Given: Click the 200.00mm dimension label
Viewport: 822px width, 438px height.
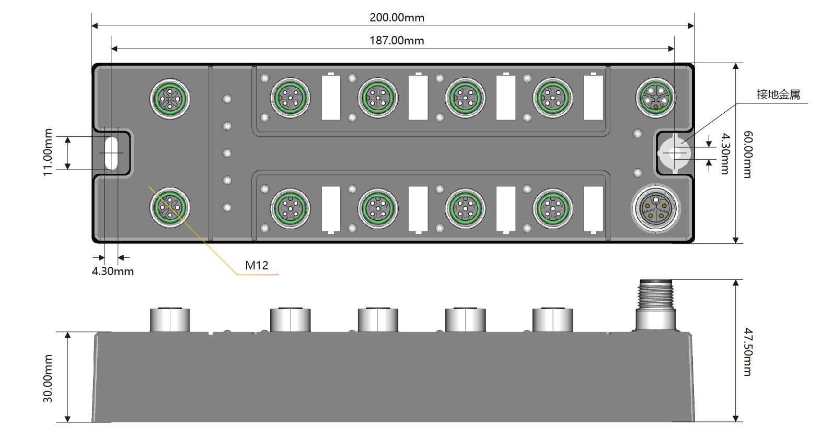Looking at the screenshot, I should coord(397,17).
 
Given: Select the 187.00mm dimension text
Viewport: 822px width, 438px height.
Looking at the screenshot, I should coord(397,40).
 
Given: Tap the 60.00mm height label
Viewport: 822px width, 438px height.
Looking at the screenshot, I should coord(748,154).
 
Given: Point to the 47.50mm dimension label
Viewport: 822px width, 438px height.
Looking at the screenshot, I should coord(748,351).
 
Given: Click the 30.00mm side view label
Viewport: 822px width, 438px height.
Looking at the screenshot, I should coord(48,378).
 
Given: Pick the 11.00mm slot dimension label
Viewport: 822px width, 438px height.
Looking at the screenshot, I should coord(48,152).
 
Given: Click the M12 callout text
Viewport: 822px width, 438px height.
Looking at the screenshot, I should coord(257,265).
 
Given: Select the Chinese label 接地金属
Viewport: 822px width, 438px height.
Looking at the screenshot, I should coord(778,94).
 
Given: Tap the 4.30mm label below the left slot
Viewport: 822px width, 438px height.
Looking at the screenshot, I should coord(113,271).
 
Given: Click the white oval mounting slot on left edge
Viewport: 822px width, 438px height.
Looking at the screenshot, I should coord(111,153).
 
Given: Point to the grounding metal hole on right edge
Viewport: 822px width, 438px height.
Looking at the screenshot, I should coord(675,153).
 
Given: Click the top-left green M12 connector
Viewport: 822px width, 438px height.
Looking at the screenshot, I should coord(170,98).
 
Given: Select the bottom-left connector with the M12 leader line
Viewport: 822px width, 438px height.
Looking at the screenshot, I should coord(170,207).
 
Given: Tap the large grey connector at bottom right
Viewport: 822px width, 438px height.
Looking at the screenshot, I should coord(656,208).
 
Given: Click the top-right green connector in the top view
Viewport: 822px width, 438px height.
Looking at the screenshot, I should coord(656,97).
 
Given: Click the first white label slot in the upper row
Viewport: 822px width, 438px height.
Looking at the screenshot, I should coord(331,98).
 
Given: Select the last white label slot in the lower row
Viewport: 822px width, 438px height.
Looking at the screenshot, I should coord(593,208).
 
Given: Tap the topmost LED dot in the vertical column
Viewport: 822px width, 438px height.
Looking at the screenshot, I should coord(227,99).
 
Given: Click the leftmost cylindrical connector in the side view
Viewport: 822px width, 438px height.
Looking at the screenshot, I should coord(170,319).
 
